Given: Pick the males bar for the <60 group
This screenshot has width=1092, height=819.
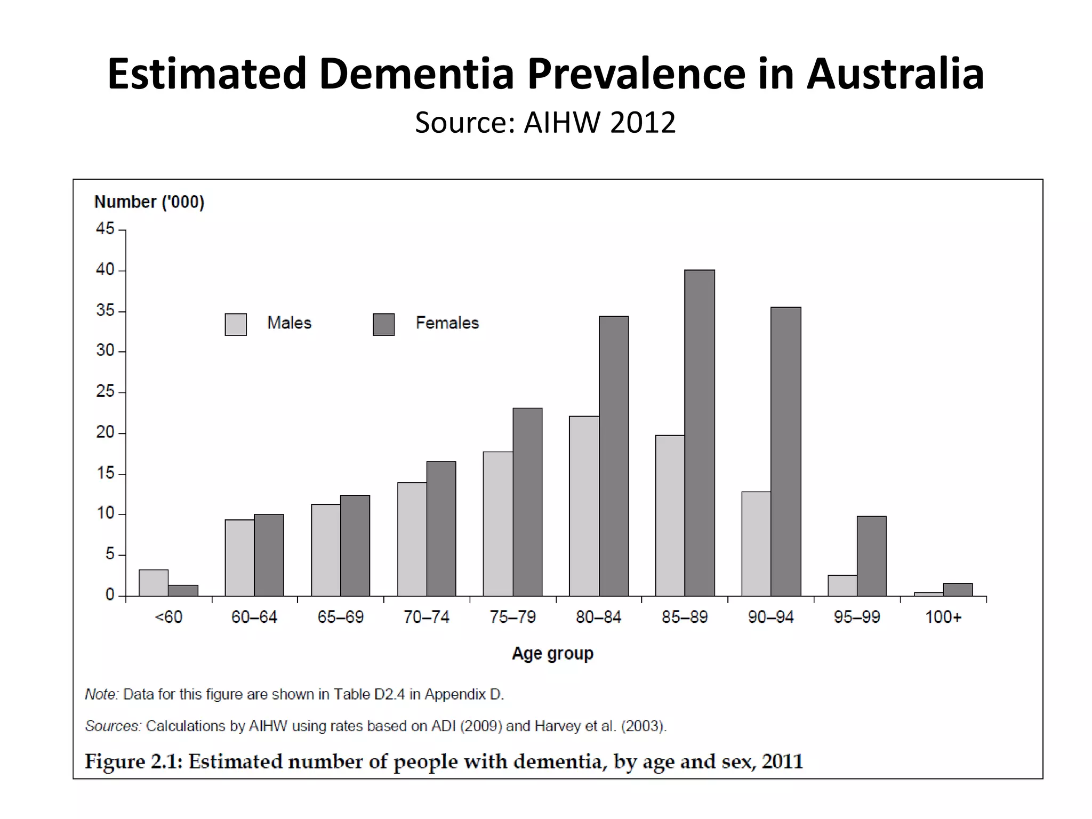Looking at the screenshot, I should pos(154,583).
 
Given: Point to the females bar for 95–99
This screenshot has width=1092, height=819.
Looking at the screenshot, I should pos(871,556).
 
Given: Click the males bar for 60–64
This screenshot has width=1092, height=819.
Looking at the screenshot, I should pos(239,558).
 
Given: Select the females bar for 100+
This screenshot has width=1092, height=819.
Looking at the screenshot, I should pos(958,590).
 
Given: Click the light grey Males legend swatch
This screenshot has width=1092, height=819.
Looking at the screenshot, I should pos(236,324).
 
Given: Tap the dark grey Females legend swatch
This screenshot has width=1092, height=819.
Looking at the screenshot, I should pos(383,324).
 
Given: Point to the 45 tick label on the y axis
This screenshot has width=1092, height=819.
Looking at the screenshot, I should pos(105,229).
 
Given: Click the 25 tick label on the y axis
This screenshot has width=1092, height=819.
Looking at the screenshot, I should pos(105,391).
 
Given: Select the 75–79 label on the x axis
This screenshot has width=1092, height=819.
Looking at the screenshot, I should pos(512,617).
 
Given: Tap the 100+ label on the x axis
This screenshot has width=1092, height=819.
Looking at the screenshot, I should pos(943,617).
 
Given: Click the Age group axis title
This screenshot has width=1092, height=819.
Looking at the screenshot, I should pos(552,653).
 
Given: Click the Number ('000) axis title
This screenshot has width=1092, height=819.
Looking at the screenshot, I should pos(149,202).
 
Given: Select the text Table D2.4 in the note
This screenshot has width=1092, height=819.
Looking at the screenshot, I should pos(369,694).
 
